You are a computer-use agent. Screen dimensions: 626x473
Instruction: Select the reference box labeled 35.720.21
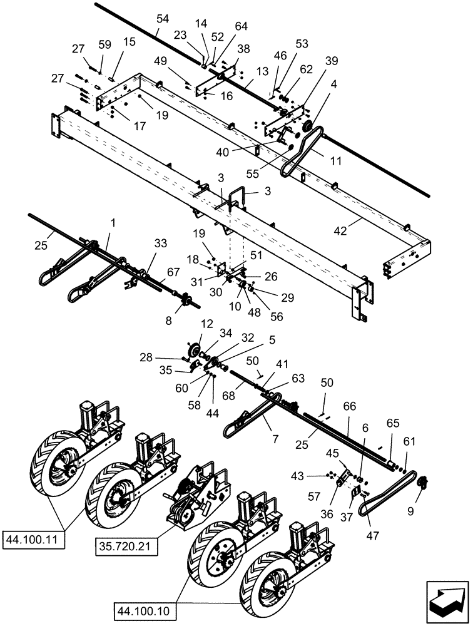126,545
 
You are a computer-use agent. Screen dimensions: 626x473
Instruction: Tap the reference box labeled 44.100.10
146,608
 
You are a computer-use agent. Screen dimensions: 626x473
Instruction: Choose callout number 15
129,41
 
